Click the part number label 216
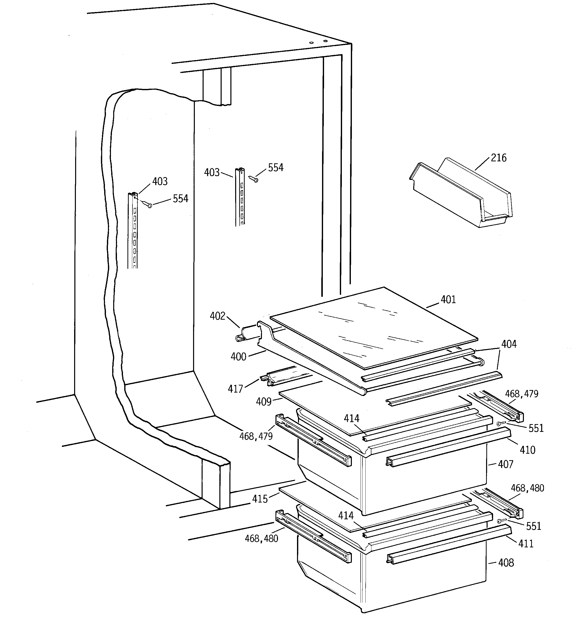[499, 158]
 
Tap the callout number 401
[448, 300]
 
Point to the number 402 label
[217, 316]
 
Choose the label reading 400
[238, 357]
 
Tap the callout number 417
[235, 389]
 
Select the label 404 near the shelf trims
[509, 344]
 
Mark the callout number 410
[527, 450]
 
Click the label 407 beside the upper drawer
[506, 464]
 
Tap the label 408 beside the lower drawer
[506, 563]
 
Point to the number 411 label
[526, 544]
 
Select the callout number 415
[260, 499]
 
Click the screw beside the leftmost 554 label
[146, 204]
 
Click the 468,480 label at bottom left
[261, 539]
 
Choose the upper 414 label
[351, 419]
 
